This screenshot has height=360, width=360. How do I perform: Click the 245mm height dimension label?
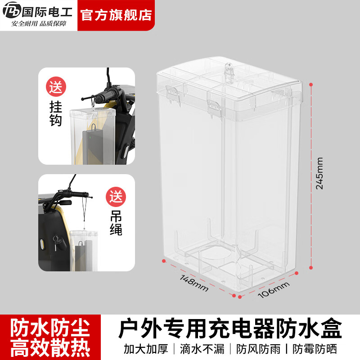(319, 173)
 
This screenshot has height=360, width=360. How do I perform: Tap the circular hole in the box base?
(220, 254)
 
